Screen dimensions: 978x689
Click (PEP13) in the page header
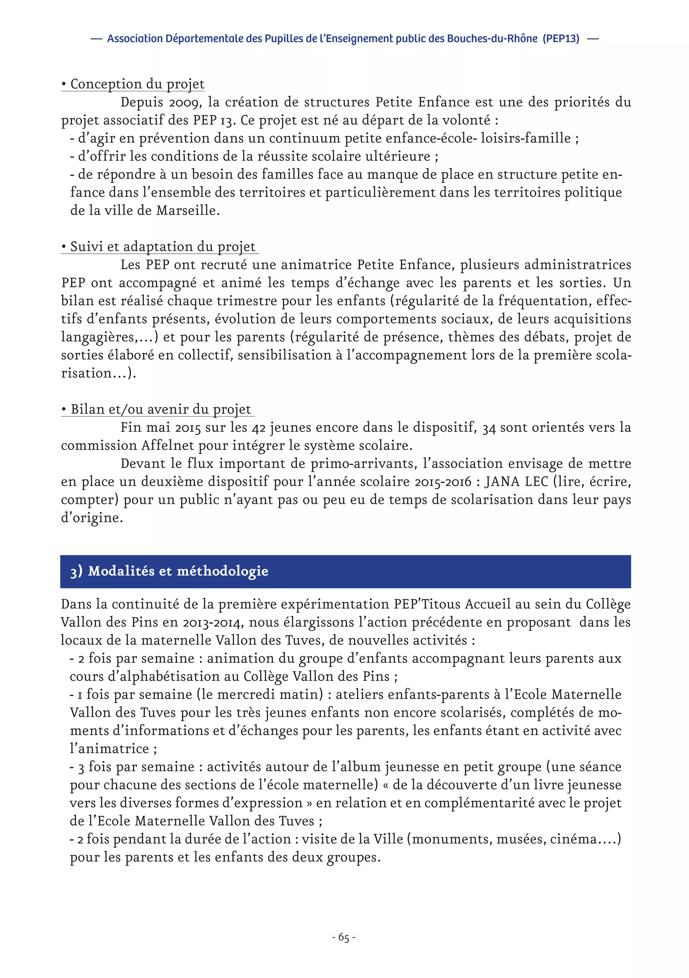click(561, 39)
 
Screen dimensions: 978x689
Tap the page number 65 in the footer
click(343, 938)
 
